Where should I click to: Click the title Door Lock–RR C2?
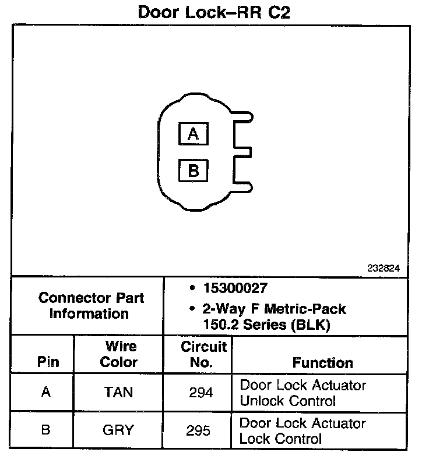[214, 12]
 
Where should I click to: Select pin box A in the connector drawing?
[194, 134]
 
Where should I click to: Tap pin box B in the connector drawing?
[194, 171]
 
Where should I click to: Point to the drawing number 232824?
[384, 269]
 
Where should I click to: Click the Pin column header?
[48, 362]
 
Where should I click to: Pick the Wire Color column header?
[118, 354]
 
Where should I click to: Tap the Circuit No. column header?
[203, 354]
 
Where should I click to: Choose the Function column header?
[322, 363]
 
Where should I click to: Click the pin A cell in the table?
[46, 392]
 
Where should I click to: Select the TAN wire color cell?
[118, 393]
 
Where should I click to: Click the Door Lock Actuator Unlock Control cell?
[303, 393]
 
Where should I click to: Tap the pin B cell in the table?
[46, 430]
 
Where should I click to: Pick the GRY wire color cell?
[118, 430]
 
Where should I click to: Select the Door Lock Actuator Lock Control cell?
[303, 430]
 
